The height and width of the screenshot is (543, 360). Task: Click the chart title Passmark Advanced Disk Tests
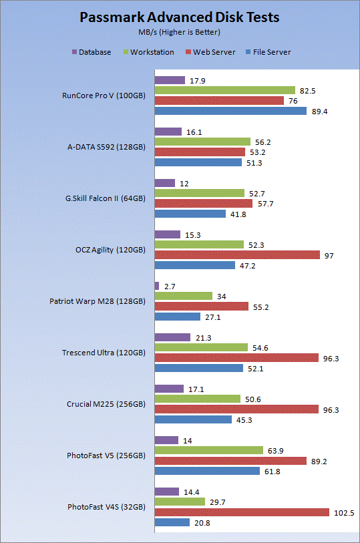tap(179, 17)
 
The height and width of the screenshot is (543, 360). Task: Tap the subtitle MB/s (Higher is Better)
tap(179, 32)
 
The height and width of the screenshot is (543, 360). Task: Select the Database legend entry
tap(92, 52)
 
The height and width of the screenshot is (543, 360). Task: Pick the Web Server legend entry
tap(210, 52)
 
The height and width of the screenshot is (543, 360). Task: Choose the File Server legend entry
tap(268, 52)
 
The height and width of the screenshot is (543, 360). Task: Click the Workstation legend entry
tap(149, 52)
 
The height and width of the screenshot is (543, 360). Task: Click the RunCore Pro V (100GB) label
tap(104, 96)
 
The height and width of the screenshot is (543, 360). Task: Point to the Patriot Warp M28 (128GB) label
tap(98, 301)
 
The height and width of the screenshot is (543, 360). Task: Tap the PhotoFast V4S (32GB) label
tap(106, 507)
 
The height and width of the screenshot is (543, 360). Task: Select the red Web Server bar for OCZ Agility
tap(237, 255)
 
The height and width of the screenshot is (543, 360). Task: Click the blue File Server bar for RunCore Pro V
tap(230, 111)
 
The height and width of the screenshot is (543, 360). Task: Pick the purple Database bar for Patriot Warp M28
tap(157, 286)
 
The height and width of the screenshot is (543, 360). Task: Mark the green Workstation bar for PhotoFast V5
tap(209, 450)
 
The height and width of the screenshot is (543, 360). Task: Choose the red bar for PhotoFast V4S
tap(242, 512)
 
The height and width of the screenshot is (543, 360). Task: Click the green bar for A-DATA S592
tap(202, 142)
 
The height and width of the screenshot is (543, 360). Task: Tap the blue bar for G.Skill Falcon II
tap(190, 214)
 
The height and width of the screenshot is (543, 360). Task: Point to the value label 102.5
tap(344, 513)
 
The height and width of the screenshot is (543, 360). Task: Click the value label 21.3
tap(204, 338)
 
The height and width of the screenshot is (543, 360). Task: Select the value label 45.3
tap(244, 420)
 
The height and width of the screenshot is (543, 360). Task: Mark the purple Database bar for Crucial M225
tap(169, 389)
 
